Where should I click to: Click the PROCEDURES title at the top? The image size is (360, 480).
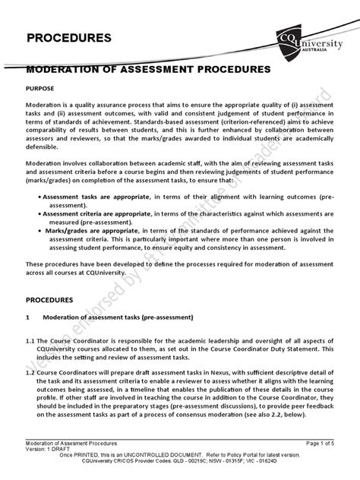click(69, 37)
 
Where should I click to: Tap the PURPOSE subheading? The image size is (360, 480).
click(43, 88)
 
